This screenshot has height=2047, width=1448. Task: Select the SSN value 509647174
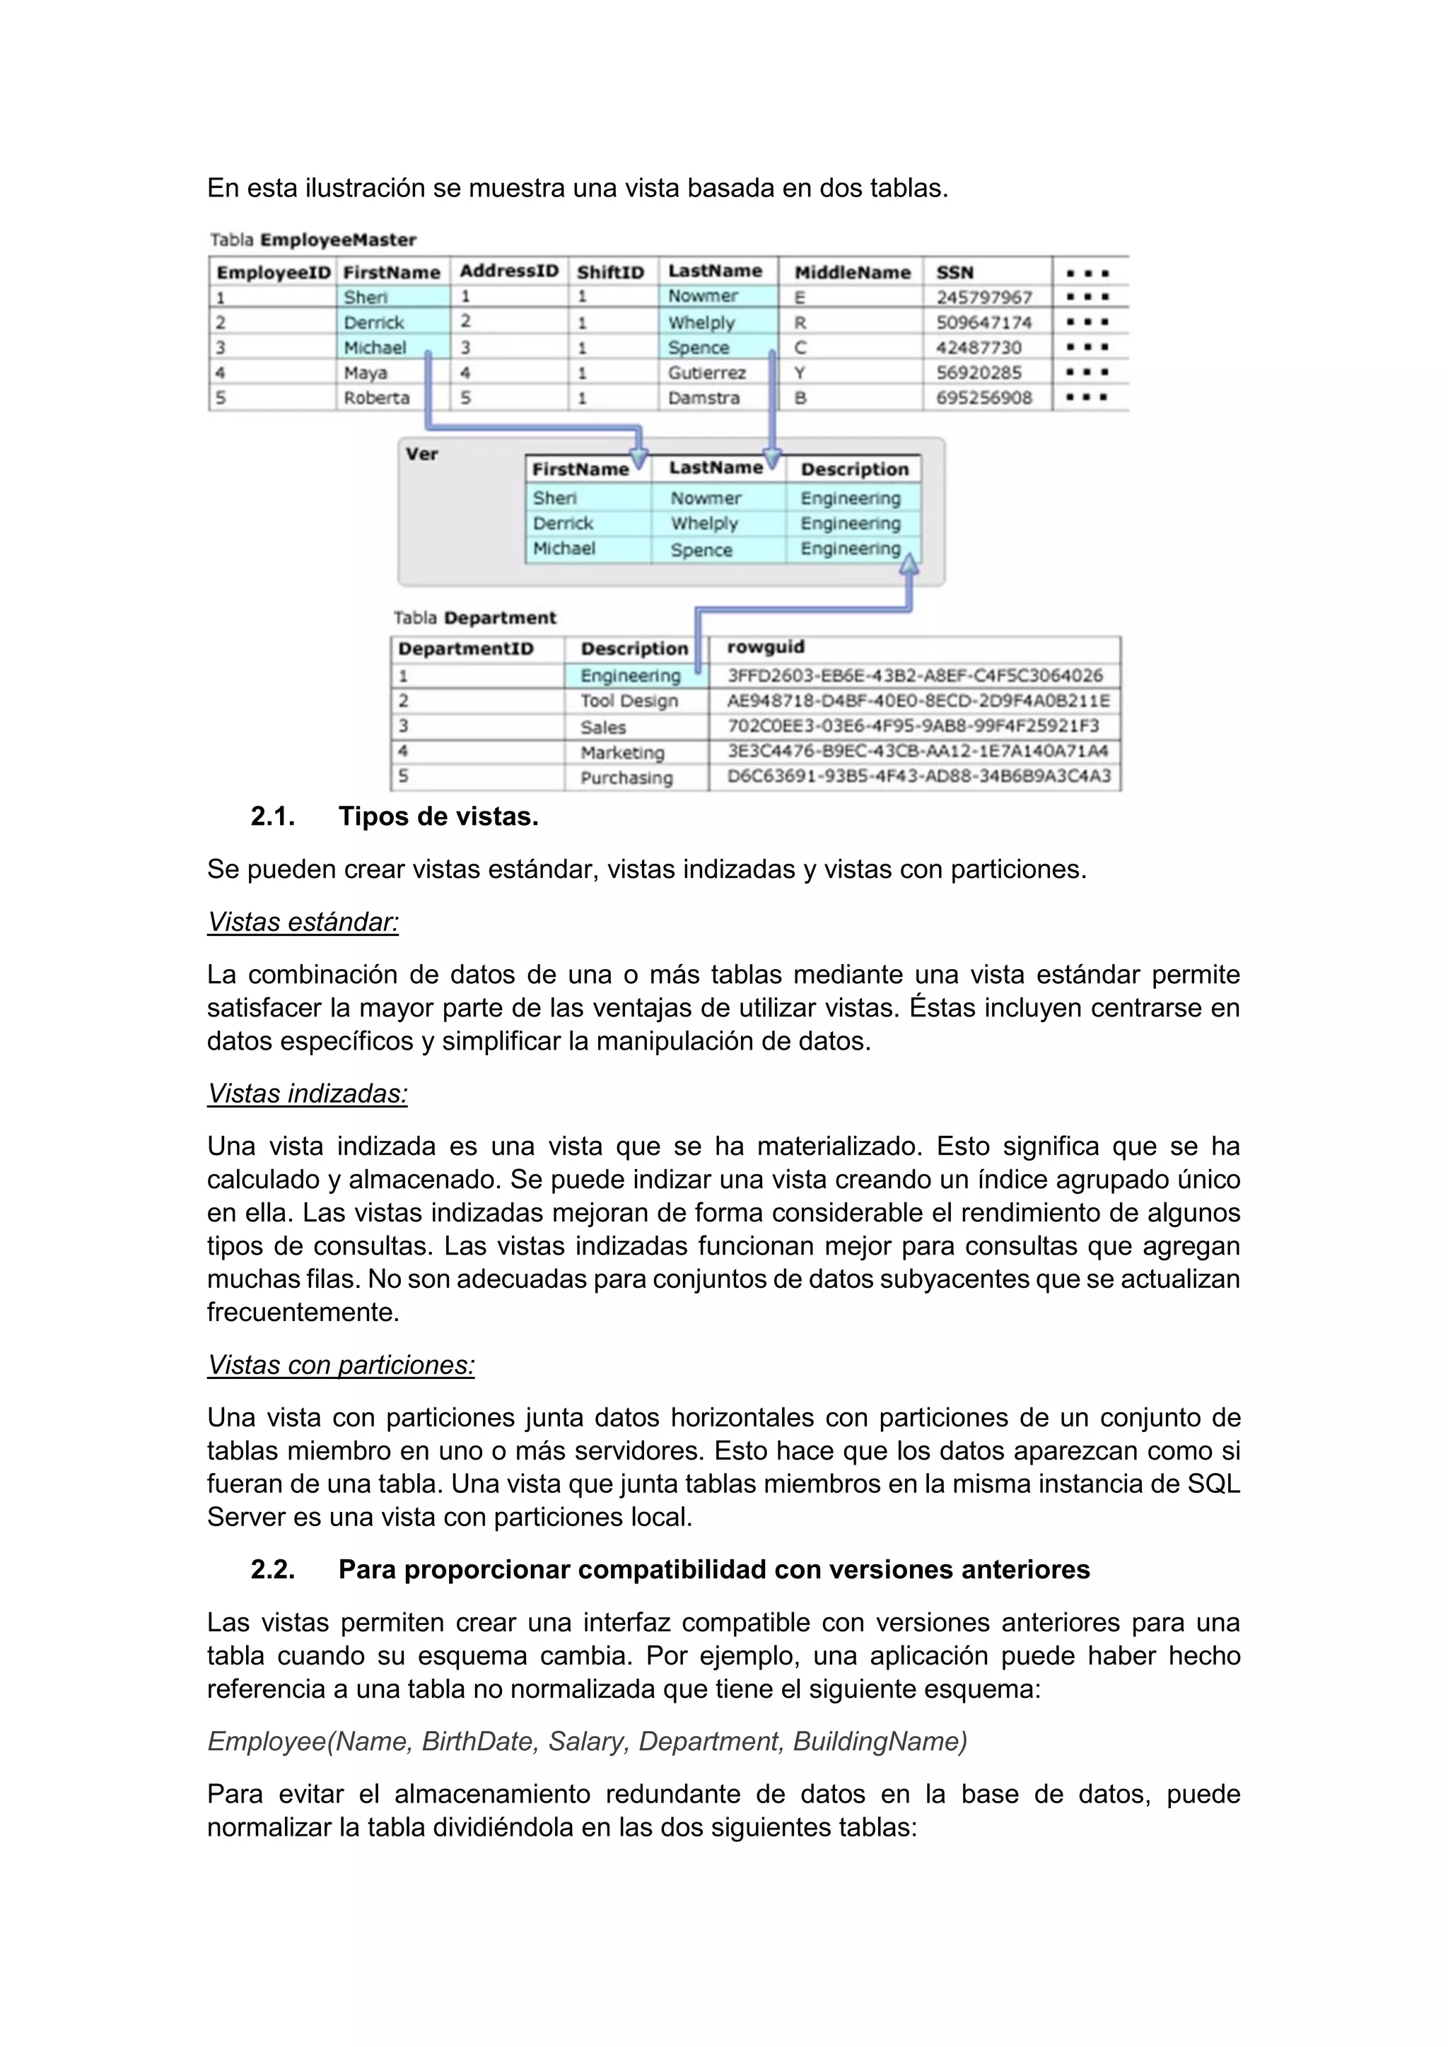click(x=983, y=322)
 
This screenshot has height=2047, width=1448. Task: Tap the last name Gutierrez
click(x=706, y=373)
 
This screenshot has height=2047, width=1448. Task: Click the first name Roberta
click(x=376, y=398)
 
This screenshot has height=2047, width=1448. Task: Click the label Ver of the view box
click(x=421, y=454)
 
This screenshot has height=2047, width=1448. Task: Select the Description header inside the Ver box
click(x=853, y=469)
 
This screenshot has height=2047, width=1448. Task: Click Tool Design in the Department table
click(x=629, y=700)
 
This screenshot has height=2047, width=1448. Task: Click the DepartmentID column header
click(x=465, y=648)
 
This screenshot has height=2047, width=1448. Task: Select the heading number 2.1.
click(x=273, y=816)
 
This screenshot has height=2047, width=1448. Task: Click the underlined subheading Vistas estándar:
click(x=303, y=922)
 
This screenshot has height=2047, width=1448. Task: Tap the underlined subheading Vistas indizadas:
click(x=307, y=1094)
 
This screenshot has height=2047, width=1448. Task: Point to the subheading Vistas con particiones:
click(x=341, y=1365)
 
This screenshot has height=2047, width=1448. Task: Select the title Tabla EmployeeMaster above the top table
click(x=313, y=240)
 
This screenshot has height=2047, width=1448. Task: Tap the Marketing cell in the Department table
click(x=622, y=753)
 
